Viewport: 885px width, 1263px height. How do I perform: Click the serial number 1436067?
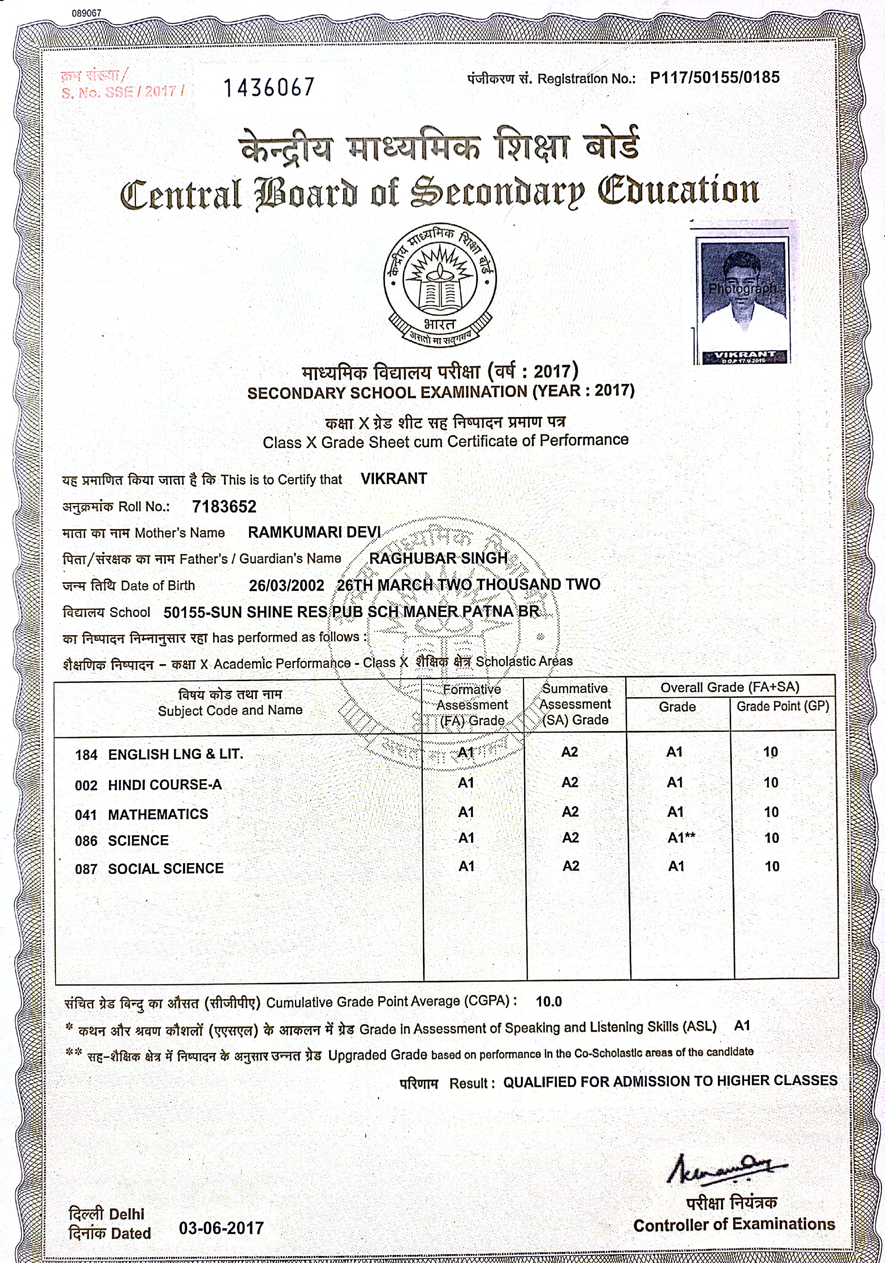(x=268, y=87)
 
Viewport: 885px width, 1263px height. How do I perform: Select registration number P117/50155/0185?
(x=715, y=77)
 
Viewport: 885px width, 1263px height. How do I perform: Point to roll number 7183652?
(x=224, y=506)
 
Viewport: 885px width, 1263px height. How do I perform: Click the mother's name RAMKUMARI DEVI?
(x=314, y=532)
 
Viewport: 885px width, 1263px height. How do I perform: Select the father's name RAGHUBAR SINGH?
(x=438, y=558)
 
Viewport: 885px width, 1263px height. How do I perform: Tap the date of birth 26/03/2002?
(x=286, y=585)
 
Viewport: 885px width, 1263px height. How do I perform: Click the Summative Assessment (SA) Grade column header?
(x=575, y=704)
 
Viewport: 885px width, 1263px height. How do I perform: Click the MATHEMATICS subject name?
(x=158, y=814)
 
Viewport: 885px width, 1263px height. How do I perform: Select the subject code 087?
(x=86, y=869)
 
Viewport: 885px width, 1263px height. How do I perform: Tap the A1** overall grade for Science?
(x=681, y=838)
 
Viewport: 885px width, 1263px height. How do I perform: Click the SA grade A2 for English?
(x=569, y=752)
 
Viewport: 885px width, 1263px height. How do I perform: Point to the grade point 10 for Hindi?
(x=770, y=782)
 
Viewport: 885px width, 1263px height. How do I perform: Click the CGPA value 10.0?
(x=548, y=1001)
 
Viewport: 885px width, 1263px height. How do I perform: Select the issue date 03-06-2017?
(x=221, y=1228)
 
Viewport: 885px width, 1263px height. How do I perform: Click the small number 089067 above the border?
(x=86, y=13)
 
